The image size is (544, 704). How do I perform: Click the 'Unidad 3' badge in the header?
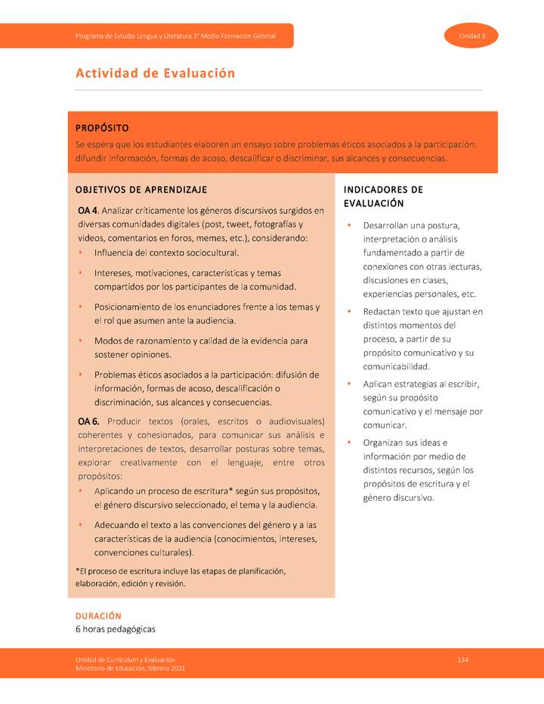tap(471, 36)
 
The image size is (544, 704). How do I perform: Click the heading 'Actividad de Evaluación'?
tap(155, 73)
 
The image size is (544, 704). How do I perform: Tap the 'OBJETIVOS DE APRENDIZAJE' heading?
tap(141, 189)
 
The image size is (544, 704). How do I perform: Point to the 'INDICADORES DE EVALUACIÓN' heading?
tap(383, 196)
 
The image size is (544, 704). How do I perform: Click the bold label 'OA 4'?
tap(88, 210)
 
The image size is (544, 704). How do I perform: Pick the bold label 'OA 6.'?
tap(89, 421)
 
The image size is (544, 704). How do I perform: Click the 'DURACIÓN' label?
tap(97, 616)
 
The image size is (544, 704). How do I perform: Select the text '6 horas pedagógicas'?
tap(115, 629)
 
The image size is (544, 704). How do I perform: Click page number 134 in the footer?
tap(463, 660)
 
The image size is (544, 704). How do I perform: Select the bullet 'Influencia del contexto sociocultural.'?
tap(166, 252)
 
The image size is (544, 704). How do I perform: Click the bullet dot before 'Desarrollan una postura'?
tap(348, 226)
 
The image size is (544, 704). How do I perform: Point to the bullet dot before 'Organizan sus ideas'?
tap(348, 443)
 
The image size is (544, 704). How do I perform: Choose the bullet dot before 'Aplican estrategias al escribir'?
tap(348, 384)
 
